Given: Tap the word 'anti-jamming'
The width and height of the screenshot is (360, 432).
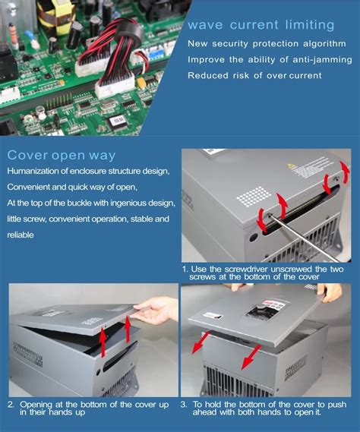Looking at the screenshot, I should (323, 59).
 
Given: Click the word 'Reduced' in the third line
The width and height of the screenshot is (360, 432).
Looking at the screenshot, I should (210, 74).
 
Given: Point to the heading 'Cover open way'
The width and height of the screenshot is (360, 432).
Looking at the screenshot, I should (62, 156).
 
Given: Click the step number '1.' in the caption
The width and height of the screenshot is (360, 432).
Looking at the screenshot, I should (185, 269).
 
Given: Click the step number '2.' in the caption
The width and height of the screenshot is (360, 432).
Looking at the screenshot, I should (11, 405).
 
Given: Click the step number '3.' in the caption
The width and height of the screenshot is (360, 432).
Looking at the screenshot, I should (185, 405).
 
